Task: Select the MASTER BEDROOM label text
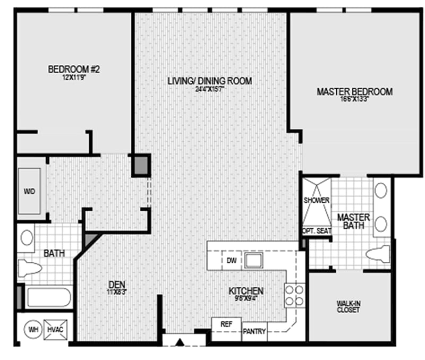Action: tap(354, 92)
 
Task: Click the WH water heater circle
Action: tap(33, 330)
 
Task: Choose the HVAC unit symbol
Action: tap(56, 330)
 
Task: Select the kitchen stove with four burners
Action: tap(295, 296)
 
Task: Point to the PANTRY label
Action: tap(254, 332)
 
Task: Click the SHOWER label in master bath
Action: tap(317, 200)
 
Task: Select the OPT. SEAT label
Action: tap(316, 230)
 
